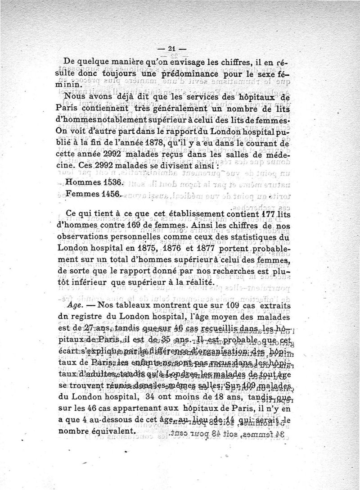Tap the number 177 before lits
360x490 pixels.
point(266,213)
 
